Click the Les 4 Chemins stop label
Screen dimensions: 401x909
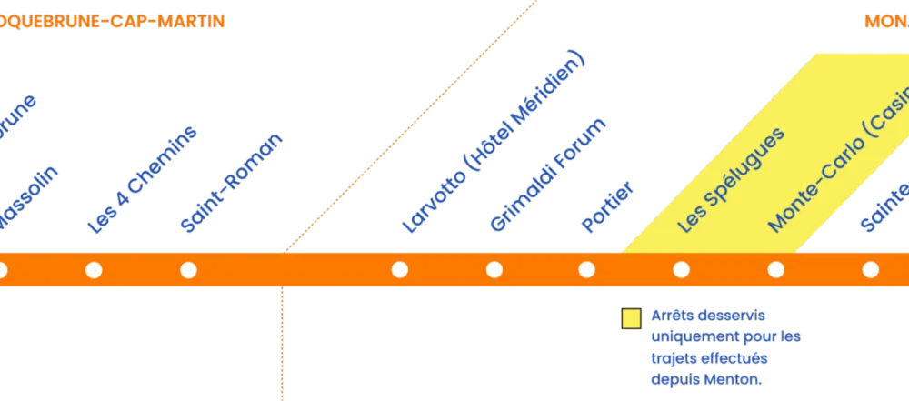click(143, 182)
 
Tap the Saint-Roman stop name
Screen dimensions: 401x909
click(232, 183)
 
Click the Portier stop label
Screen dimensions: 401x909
click(608, 209)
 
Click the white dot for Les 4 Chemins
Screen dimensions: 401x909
click(94, 269)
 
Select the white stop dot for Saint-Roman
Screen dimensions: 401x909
click(188, 269)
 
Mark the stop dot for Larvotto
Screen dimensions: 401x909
click(399, 269)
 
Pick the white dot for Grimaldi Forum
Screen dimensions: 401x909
click(494, 269)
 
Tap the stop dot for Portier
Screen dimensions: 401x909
click(587, 269)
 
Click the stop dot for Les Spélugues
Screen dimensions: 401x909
click(682, 269)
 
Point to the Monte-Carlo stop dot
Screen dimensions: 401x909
click(776, 269)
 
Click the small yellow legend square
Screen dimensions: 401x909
click(630, 318)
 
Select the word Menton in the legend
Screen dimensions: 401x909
click(734, 378)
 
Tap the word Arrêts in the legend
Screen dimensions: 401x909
click(670, 316)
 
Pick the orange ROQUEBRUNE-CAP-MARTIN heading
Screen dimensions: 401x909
click(113, 21)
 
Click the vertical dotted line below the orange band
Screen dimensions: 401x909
click(281, 346)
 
